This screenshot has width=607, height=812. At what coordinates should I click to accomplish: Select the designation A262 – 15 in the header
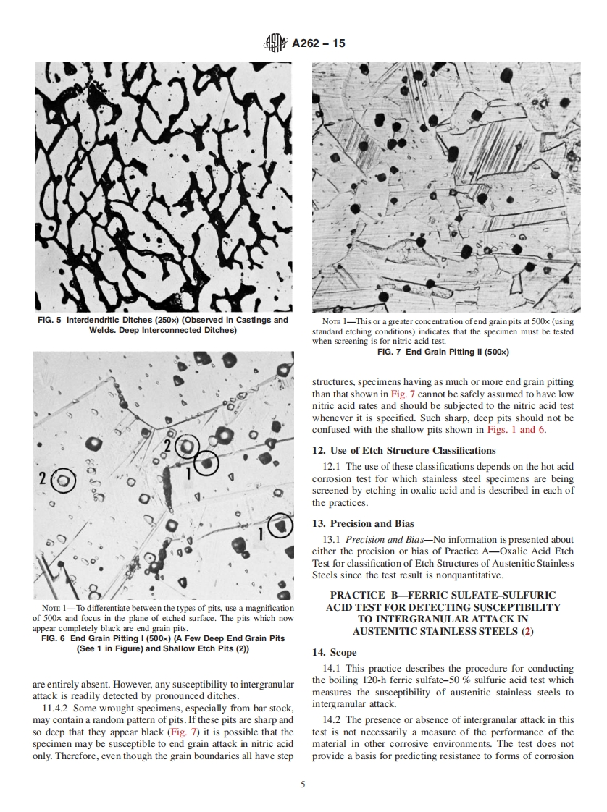318,44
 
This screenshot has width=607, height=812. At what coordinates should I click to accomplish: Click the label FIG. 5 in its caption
49,320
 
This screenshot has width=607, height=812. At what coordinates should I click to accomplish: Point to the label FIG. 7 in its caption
392,352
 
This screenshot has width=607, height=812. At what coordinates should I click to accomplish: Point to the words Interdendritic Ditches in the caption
114,320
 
